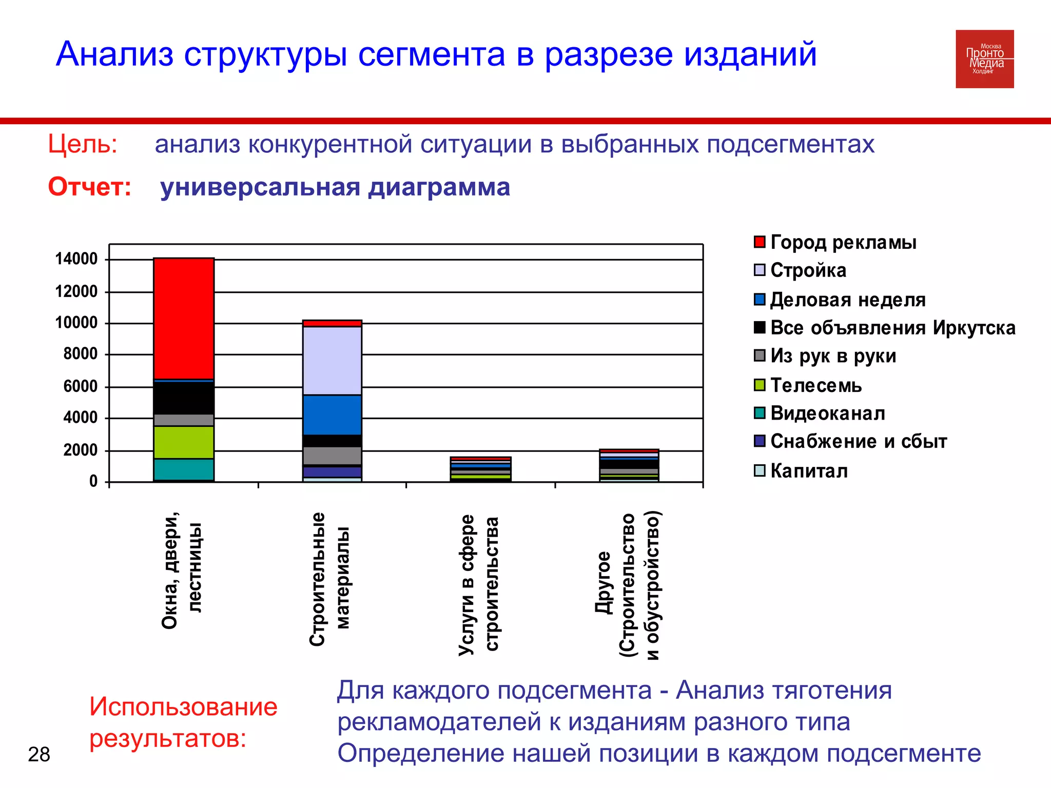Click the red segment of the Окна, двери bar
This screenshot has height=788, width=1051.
coord(184,318)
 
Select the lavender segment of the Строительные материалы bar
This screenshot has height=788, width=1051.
coord(332,360)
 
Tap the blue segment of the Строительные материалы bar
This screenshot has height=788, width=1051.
coord(332,415)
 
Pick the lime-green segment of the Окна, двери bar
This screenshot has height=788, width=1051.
coord(184,442)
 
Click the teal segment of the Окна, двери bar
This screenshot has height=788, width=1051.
coord(184,469)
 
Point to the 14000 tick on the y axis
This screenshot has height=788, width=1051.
coord(76,259)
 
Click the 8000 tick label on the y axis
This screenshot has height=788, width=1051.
coord(80,354)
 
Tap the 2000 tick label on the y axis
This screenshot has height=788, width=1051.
coord(80,450)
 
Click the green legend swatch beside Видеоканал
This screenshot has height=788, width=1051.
coord(760,413)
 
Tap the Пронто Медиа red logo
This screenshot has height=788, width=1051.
coord(984,59)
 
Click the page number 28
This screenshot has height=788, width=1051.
coord(39,754)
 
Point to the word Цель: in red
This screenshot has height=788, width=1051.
coord(83,144)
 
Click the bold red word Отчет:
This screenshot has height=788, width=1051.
coord(90,187)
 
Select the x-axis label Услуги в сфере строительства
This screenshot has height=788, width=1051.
coord(478,585)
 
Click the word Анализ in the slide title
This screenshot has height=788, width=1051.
coord(115,54)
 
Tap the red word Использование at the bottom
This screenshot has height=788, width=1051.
coord(183,706)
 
